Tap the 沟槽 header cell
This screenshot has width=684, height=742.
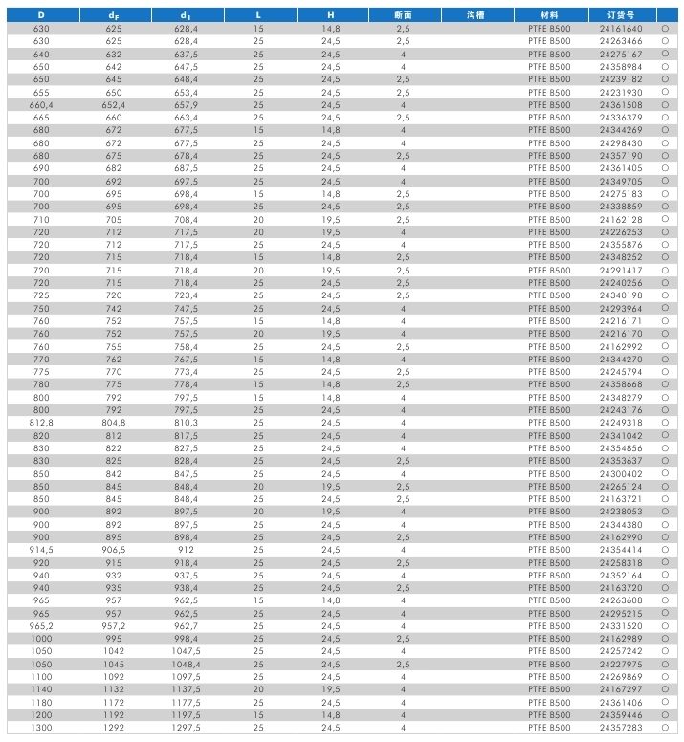(x=475, y=16)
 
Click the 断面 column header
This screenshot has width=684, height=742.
(x=403, y=16)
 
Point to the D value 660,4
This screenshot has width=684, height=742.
(x=41, y=105)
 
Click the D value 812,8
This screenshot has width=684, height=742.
(x=41, y=423)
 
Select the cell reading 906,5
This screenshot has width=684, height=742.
(x=114, y=550)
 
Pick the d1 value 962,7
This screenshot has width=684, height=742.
(x=186, y=626)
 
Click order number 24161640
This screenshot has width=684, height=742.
(x=621, y=30)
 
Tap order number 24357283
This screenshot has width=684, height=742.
(x=621, y=728)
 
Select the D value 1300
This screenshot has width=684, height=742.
(x=41, y=728)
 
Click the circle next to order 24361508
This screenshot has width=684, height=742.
(x=664, y=105)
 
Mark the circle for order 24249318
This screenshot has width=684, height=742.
(x=664, y=423)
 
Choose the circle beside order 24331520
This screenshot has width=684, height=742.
(x=664, y=626)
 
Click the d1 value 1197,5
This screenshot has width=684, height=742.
(x=186, y=715)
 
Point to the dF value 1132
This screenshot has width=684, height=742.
(x=114, y=689)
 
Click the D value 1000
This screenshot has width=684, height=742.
(x=41, y=639)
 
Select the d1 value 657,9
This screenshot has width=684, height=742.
(x=186, y=105)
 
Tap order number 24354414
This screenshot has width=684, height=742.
(x=621, y=550)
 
